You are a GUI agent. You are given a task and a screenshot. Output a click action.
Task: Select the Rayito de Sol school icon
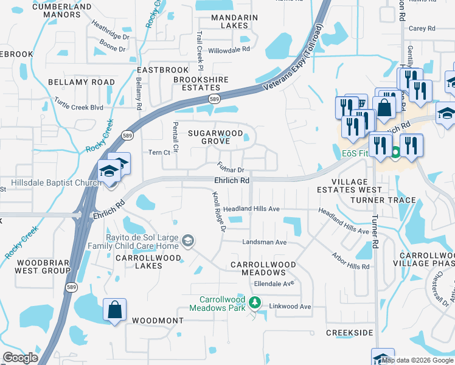point(188,242)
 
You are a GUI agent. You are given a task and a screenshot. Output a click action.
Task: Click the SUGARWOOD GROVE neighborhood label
point(215,137)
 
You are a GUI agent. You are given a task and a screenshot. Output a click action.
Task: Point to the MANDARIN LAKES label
point(230,21)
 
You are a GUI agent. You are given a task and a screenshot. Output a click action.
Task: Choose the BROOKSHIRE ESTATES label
point(201,83)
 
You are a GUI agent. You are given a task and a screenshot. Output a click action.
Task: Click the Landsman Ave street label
point(264,242)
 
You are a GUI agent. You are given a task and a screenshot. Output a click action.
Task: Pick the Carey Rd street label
point(422,28)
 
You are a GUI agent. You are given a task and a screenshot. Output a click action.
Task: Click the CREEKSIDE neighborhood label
point(349,333)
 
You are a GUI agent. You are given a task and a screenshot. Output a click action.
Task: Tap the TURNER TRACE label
point(387,200)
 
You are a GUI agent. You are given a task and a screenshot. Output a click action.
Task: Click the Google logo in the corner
point(20,358)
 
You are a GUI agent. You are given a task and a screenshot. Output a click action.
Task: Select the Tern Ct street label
point(158,153)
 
